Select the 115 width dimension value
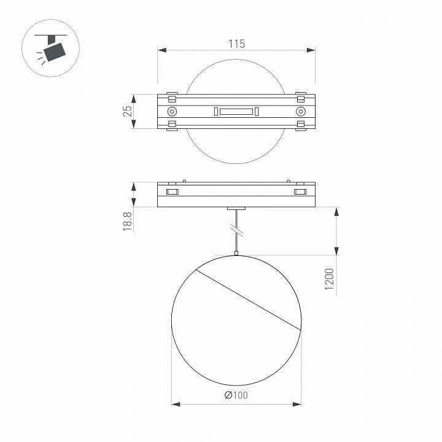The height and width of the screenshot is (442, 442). [236, 44]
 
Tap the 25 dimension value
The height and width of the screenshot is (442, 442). [128, 111]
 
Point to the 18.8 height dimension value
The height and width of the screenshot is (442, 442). [128, 221]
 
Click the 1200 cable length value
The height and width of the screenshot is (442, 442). [330, 280]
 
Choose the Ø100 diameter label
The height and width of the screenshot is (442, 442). [236, 395]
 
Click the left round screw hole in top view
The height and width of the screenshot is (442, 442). [172, 111]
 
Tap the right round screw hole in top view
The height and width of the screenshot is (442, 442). [300, 111]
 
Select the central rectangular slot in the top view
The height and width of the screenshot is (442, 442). [236, 111]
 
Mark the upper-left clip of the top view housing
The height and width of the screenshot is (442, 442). [172, 97]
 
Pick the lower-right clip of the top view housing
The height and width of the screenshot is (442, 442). [300, 125]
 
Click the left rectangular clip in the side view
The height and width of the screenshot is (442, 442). [172, 193]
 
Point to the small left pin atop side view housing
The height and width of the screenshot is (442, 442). [184, 180]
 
